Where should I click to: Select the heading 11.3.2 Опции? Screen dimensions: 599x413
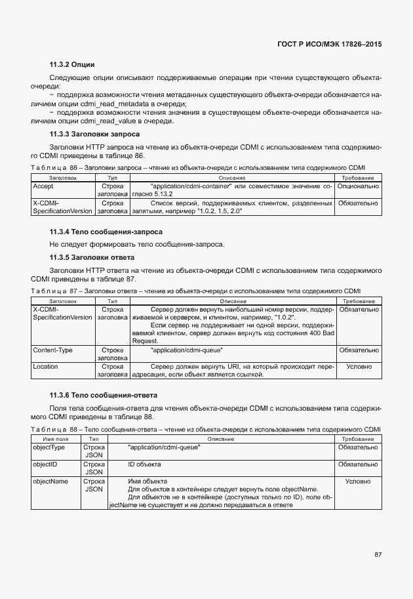(72, 64)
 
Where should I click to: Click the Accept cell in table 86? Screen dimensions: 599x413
(43, 186)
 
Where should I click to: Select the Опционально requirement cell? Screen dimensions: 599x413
(357, 186)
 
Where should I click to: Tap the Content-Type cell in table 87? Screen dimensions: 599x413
(53, 350)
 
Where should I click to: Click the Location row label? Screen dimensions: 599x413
(46, 367)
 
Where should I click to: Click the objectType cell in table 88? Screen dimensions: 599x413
(49, 447)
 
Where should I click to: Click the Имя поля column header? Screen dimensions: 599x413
(56, 438)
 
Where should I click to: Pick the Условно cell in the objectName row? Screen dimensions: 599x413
(358, 482)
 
